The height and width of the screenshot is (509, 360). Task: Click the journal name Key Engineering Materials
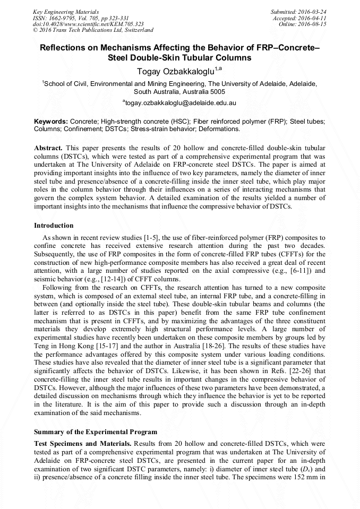pyautogui.click(x=65, y=11)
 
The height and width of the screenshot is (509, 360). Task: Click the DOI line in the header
pyautogui.click(x=88, y=24)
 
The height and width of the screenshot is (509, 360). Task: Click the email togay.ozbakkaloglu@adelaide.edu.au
pyautogui.click(x=180, y=102)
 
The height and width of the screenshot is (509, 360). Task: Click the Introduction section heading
pyautogui.click(x=55, y=225)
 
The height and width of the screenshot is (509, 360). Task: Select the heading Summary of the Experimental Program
pyautogui.click(x=96, y=432)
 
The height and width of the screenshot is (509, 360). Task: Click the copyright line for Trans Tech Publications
pyautogui.click(x=93, y=30)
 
